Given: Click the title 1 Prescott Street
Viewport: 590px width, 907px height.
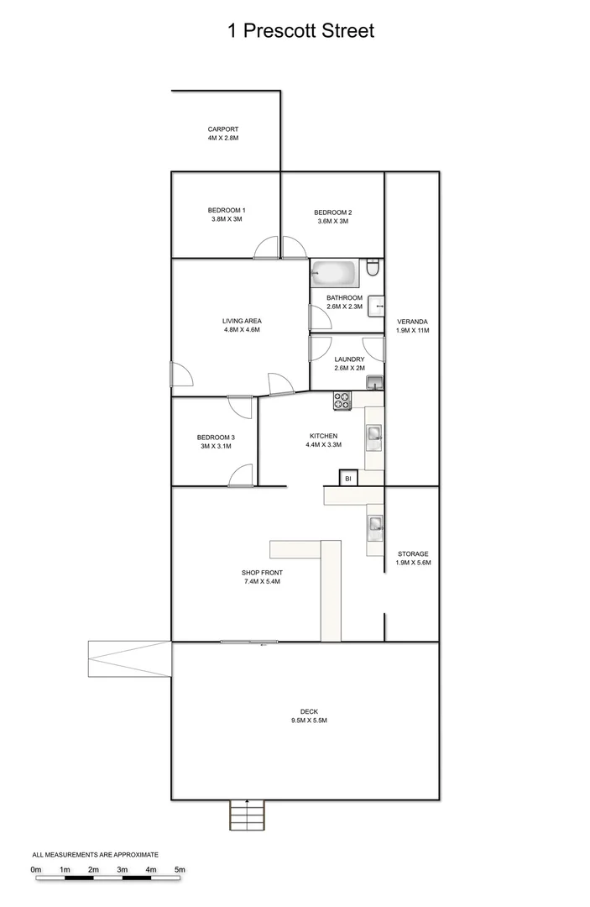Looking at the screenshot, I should point(300,31).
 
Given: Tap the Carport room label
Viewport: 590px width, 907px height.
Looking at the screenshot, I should point(223,129).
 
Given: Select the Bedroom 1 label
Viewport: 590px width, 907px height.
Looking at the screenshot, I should point(227,210).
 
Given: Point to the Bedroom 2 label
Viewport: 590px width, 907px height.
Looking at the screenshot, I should point(332,212).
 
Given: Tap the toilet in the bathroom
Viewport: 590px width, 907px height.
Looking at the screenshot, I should point(374,269).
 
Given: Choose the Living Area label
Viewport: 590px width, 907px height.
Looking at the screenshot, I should point(242,321).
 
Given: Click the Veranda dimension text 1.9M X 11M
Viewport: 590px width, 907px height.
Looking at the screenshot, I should point(412,331).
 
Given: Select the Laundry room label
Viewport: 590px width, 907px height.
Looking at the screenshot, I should point(349,359).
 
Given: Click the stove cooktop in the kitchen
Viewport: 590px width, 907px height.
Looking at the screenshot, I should point(342,401).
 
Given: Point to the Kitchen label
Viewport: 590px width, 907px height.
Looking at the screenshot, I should point(323,436).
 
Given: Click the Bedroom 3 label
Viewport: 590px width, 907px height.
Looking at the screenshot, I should point(216,437).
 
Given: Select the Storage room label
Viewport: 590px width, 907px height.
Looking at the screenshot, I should point(413,554).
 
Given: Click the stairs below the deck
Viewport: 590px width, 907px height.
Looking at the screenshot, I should point(248,815).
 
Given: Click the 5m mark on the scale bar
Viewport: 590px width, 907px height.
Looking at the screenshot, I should point(180,869).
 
